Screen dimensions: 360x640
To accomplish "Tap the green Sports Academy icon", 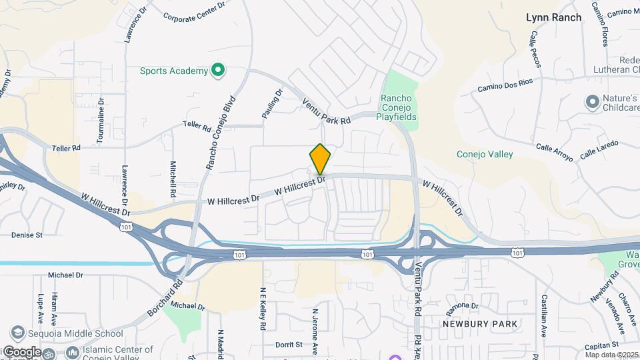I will [217, 70].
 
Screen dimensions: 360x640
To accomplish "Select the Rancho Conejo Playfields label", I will [398, 107].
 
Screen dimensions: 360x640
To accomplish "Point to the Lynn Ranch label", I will [553, 17].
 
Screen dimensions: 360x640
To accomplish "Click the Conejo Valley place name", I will [485, 154].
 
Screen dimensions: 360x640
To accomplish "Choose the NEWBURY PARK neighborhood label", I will [480, 323].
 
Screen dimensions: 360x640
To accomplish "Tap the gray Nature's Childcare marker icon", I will [591, 102].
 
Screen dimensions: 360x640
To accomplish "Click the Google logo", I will [22, 352].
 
